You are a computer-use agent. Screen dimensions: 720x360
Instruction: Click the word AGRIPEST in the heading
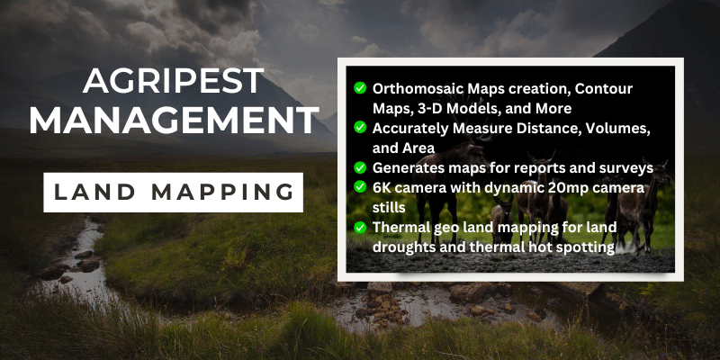coord(174,82)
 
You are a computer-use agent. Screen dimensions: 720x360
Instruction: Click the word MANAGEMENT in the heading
coord(174,121)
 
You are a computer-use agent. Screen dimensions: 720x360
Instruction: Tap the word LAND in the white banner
coord(94,193)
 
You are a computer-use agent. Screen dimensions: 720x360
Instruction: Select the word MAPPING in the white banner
coord(222,193)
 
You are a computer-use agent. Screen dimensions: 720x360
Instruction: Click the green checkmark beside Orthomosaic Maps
coord(360,87)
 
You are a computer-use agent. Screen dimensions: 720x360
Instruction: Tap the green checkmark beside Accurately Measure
coord(360,128)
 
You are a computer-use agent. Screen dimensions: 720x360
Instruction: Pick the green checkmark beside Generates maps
coord(360,167)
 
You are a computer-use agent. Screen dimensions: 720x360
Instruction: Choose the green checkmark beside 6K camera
coord(360,187)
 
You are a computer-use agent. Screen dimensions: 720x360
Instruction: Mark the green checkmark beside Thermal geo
coord(360,228)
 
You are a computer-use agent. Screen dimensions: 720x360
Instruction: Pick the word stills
coord(389,208)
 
